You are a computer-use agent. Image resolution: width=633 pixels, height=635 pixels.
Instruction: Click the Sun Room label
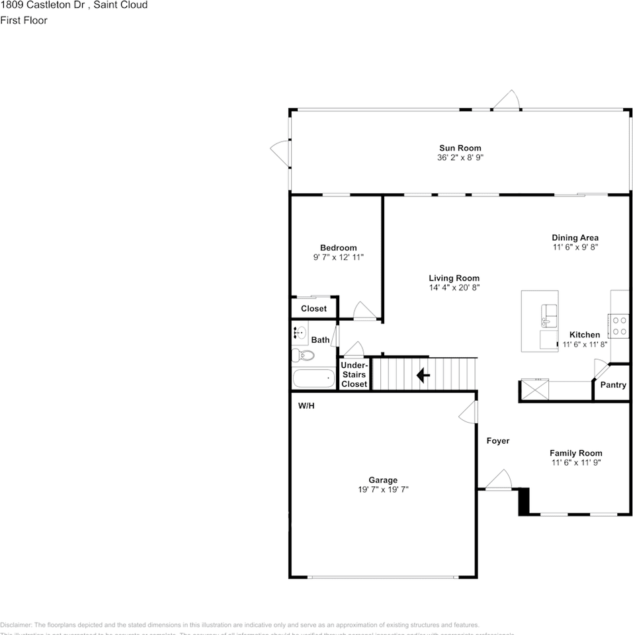[x=460, y=148]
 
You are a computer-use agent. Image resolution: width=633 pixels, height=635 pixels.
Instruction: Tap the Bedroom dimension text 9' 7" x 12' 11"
[x=338, y=257]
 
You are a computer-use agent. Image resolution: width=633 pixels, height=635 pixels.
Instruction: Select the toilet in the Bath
[x=304, y=356]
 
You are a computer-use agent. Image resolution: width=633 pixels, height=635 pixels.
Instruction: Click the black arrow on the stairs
[x=423, y=376]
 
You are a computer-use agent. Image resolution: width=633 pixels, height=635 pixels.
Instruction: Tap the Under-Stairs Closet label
[x=354, y=374]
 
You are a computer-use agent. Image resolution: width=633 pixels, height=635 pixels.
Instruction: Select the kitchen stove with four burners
[x=620, y=325]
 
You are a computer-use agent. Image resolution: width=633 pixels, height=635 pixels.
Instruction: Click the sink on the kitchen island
[x=548, y=315]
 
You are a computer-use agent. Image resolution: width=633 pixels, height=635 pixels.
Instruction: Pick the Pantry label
[x=612, y=385]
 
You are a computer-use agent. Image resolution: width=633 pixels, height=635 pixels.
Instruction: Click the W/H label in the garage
[x=306, y=405]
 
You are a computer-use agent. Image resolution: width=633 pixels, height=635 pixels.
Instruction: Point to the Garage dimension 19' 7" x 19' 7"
[x=383, y=489]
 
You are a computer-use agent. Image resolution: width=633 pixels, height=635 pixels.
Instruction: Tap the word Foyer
[x=498, y=441]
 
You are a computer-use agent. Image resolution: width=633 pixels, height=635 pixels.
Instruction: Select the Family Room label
[x=575, y=453]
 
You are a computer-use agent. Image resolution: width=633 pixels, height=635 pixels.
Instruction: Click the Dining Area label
[x=575, y=237]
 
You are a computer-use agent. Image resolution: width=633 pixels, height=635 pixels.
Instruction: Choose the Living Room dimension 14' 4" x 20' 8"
[x=454, y=288]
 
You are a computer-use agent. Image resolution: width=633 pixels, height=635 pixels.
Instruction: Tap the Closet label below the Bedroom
[x=314, y=309]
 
